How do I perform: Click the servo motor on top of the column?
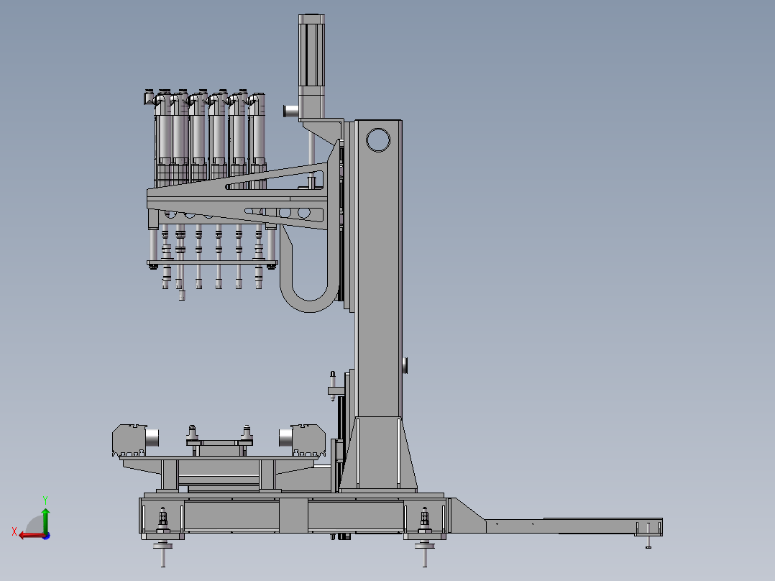click(x=311, y=65)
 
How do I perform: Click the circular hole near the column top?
click(x=378, y=140)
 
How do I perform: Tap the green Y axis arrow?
click(x=45, y=520)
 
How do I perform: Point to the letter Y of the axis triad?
click(x=45, y=500)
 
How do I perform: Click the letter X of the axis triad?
click(x=14, y=531)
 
